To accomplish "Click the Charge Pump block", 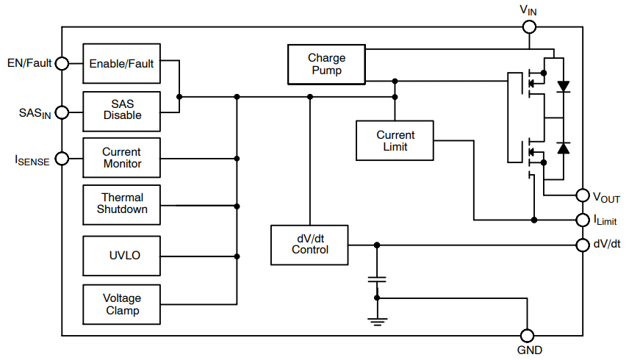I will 326,64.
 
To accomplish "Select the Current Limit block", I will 395,140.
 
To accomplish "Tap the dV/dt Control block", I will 309,244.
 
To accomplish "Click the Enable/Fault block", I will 121,63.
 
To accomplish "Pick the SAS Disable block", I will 122,110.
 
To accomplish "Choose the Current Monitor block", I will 121,158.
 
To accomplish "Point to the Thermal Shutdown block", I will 122,204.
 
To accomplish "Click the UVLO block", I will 122,256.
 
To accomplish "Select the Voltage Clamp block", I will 121,304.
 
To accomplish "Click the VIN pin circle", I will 529,27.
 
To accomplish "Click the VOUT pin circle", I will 583,195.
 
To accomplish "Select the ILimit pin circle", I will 583,220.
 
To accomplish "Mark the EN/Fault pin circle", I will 62,63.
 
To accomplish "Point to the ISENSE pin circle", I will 62,158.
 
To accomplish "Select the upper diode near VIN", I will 564,86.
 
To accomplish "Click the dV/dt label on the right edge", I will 607,244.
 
